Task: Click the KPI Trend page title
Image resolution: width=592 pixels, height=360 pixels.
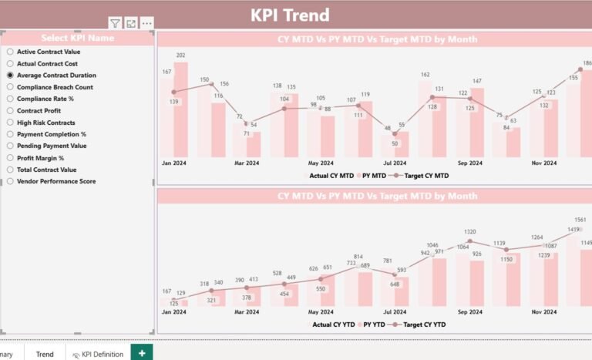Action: tap(290, 15)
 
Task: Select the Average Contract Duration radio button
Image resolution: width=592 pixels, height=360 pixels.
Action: tap(10, 76)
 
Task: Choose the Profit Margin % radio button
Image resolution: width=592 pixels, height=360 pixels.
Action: tap(10, 158)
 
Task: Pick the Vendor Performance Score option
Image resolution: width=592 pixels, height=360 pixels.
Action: tap(10, 181)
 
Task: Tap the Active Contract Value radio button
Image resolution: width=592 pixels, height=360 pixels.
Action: tap(10, 52)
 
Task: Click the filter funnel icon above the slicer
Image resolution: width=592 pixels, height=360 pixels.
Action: tap(115, 24)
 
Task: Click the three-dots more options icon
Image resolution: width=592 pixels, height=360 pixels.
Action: tap(146, 24)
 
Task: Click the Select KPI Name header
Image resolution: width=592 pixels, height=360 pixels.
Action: tap(77, 38)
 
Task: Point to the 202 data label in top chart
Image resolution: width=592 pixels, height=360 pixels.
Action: tap(180, 56)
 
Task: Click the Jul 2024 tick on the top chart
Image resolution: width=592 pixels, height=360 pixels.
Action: tap(395, 163)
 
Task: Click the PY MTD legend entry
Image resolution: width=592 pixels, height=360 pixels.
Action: tap(373, 176)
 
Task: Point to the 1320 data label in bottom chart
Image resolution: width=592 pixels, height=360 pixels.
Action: tap(469, 232)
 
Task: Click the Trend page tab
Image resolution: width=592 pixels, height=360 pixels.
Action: tap(45, 354)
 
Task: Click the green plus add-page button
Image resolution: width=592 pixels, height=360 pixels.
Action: tap(141, 352)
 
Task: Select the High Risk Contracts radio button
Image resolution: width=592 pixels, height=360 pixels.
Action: tap(10, 123)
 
